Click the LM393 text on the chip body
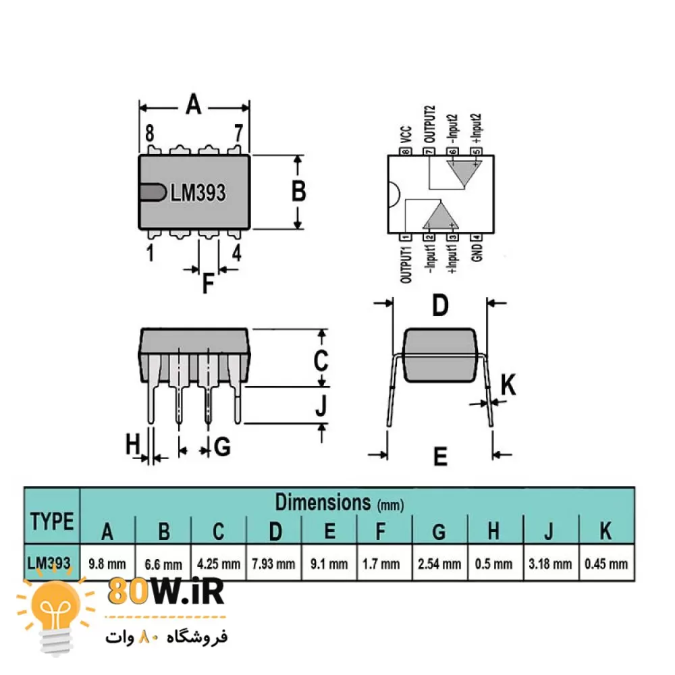(x=198, y=192)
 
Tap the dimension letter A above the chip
(x=193, y=104)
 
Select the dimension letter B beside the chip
(x=299, y=191)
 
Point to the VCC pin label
(x=406, y=134)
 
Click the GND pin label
(x=477, y=252)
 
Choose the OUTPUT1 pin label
(x=406, y=265)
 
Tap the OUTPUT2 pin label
(x=429, y=124)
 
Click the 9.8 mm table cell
(x=107, y=564)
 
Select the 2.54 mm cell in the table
(x=439, y=564)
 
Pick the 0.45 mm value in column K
(x=606, y=564)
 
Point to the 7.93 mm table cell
(x=273, y=564)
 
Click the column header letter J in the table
(x=548, y=531)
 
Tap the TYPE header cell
(x=52, y=521)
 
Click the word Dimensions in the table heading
(x=323, y=502)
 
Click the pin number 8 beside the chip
(x=149, y=133)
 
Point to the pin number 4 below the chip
(x=236, y=253)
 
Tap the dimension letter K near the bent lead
(x=508, y=385)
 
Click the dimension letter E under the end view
(x=440, y=456)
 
